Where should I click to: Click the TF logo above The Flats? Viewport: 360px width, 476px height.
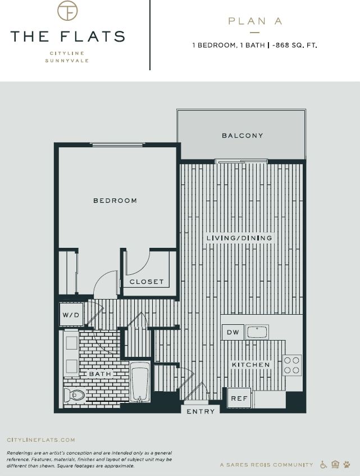click(67, 11)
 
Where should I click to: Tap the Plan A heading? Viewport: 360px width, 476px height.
click(255, 21)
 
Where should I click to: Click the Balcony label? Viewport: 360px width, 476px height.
click(242, 135)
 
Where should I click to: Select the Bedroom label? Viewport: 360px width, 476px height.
click(115, 201)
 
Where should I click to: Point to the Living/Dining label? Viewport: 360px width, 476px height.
click(239, 238)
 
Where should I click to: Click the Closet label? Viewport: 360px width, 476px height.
click(147, 282)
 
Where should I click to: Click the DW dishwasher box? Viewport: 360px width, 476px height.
click(233, 333)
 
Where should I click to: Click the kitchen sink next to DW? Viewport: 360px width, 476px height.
click(258, 332)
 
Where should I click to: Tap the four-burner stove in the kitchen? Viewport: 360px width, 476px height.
click(292, 365)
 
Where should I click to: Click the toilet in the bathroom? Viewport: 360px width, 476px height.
click(74, 395)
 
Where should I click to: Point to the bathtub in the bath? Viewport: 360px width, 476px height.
click(140, 382)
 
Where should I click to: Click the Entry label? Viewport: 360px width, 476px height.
click(200, 411)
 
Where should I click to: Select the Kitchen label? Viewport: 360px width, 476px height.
click(251, 365)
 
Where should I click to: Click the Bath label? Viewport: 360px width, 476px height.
click(101, 373)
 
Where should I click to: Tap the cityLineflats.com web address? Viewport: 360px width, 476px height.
click(40, 440)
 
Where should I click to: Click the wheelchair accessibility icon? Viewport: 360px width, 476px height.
click(323, 465)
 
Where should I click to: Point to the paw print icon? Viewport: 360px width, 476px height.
click(347, 465)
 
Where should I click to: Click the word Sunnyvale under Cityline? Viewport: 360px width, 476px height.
click(67, 60)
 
